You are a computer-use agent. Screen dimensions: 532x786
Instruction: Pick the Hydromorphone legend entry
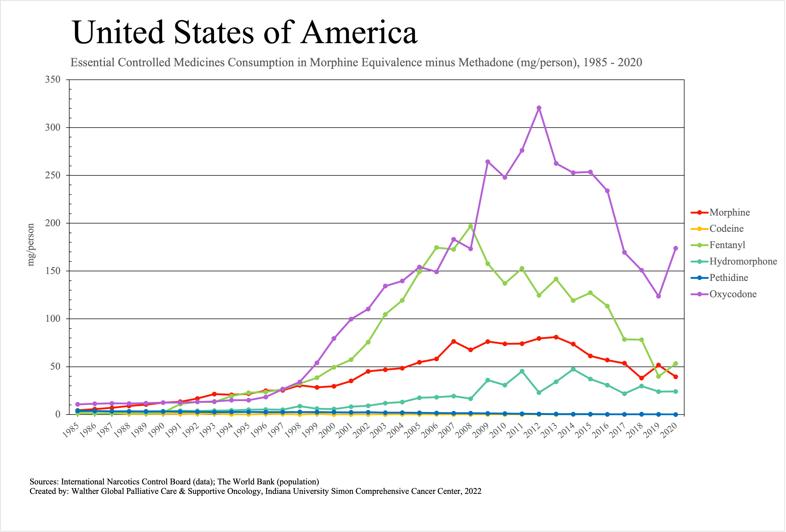coord(743,261)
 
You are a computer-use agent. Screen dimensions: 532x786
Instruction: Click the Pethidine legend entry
coord(728,278)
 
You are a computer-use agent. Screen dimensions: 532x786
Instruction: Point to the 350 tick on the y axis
coord(53,80)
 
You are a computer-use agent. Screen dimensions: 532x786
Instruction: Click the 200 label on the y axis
coord(53,223)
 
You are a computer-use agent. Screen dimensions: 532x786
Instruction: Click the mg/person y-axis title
coord(31,245)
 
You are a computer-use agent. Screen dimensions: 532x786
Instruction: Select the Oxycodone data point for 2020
coord(675,248)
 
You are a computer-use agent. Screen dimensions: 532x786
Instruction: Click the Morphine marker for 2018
coord(641,378)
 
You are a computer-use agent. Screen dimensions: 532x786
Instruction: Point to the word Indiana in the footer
coord(279,491)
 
